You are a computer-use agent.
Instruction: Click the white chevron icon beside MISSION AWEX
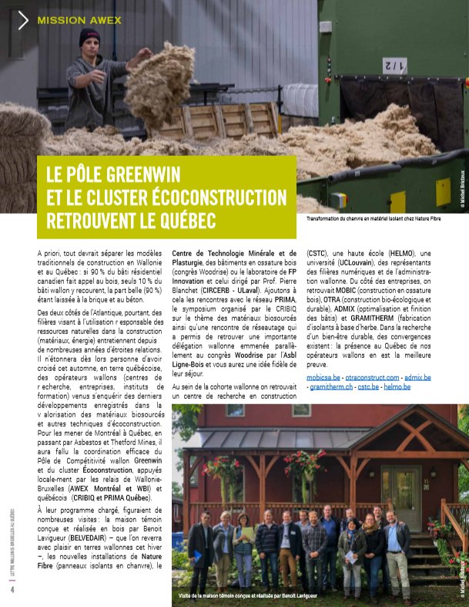[23, 20]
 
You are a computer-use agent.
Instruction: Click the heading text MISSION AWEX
[79, 20]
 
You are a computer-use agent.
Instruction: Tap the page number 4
[12, 588]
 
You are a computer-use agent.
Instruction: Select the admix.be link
[421, 376]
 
